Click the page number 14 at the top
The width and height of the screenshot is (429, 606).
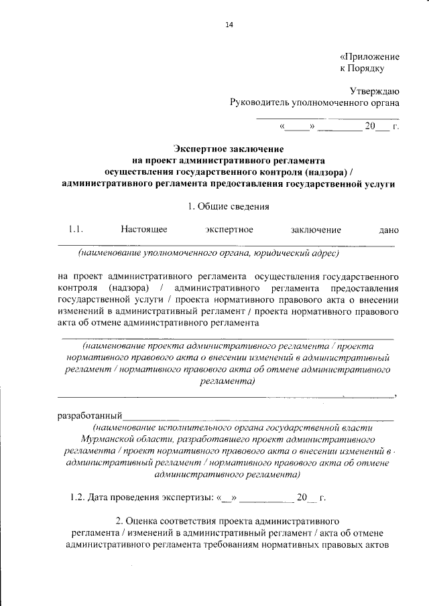[229, 25]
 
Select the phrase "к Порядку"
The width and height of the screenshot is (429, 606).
[362, 68]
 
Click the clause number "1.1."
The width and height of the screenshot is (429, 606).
[75, 230]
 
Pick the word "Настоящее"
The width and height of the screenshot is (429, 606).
[143, 230]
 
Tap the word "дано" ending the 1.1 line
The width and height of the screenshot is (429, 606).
[389, 230]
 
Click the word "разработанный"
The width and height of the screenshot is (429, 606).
[89, 416]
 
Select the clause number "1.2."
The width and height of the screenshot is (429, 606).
[79, 498]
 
